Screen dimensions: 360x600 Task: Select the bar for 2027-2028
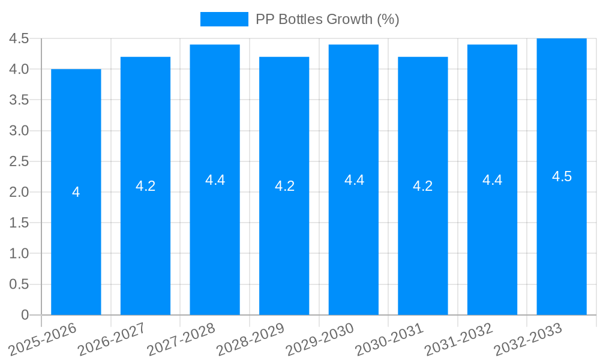click(215, 240)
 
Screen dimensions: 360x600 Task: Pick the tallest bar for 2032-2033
click(562, 240)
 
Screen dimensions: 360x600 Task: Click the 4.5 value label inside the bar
click(562, 176)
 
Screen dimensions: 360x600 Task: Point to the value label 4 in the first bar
click(76, 192)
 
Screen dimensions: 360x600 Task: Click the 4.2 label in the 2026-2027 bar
click(145, 186)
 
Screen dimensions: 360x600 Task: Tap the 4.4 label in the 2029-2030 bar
click(354, 180)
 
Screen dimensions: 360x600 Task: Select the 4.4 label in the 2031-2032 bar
click(493, 180)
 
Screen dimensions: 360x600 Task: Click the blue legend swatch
click(224, 19)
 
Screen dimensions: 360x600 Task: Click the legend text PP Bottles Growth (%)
click(327, 19)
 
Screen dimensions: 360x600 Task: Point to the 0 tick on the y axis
click(25, 314)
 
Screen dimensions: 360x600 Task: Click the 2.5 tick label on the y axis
click(19, 161)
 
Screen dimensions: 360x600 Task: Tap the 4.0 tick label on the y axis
click(19, 69)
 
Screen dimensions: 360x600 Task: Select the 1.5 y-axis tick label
click(19, 223)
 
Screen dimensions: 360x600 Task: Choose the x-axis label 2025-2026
click(43, 339)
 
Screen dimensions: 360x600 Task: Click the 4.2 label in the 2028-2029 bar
click(284, 186)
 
